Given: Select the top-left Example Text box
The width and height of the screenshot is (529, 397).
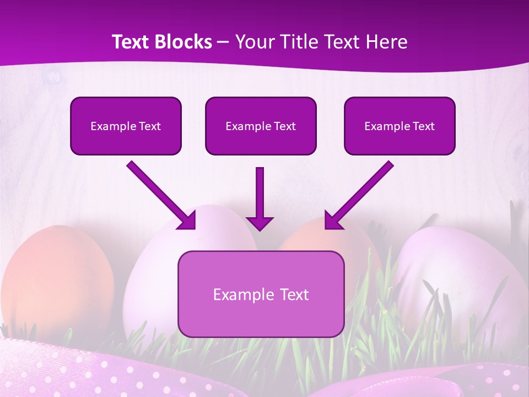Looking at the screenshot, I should (126, 126).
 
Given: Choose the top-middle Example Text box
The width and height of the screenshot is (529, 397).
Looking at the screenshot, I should (261, 126).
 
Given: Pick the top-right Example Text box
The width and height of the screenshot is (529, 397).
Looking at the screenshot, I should (400, 126).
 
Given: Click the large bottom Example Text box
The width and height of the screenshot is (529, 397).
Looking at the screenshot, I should (261, 294).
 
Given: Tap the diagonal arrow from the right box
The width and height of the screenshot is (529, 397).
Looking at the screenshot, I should (361, 193).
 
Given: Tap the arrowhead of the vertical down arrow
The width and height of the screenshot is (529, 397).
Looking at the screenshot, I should (260, 223).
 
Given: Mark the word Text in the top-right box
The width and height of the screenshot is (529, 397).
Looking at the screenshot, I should (424, 126).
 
